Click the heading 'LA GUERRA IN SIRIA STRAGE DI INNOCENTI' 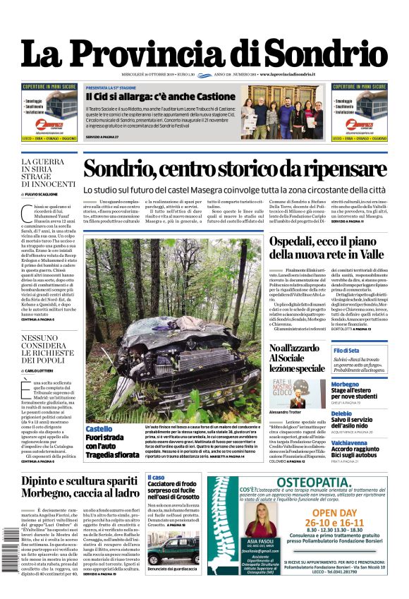(48, 174)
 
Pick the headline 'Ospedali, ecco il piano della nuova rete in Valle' (327, 247)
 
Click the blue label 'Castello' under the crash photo (99, 428)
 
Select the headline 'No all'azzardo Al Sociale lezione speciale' (297, 358)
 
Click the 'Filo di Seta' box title (346, 351)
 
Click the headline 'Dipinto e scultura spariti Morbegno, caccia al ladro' (80, 486)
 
